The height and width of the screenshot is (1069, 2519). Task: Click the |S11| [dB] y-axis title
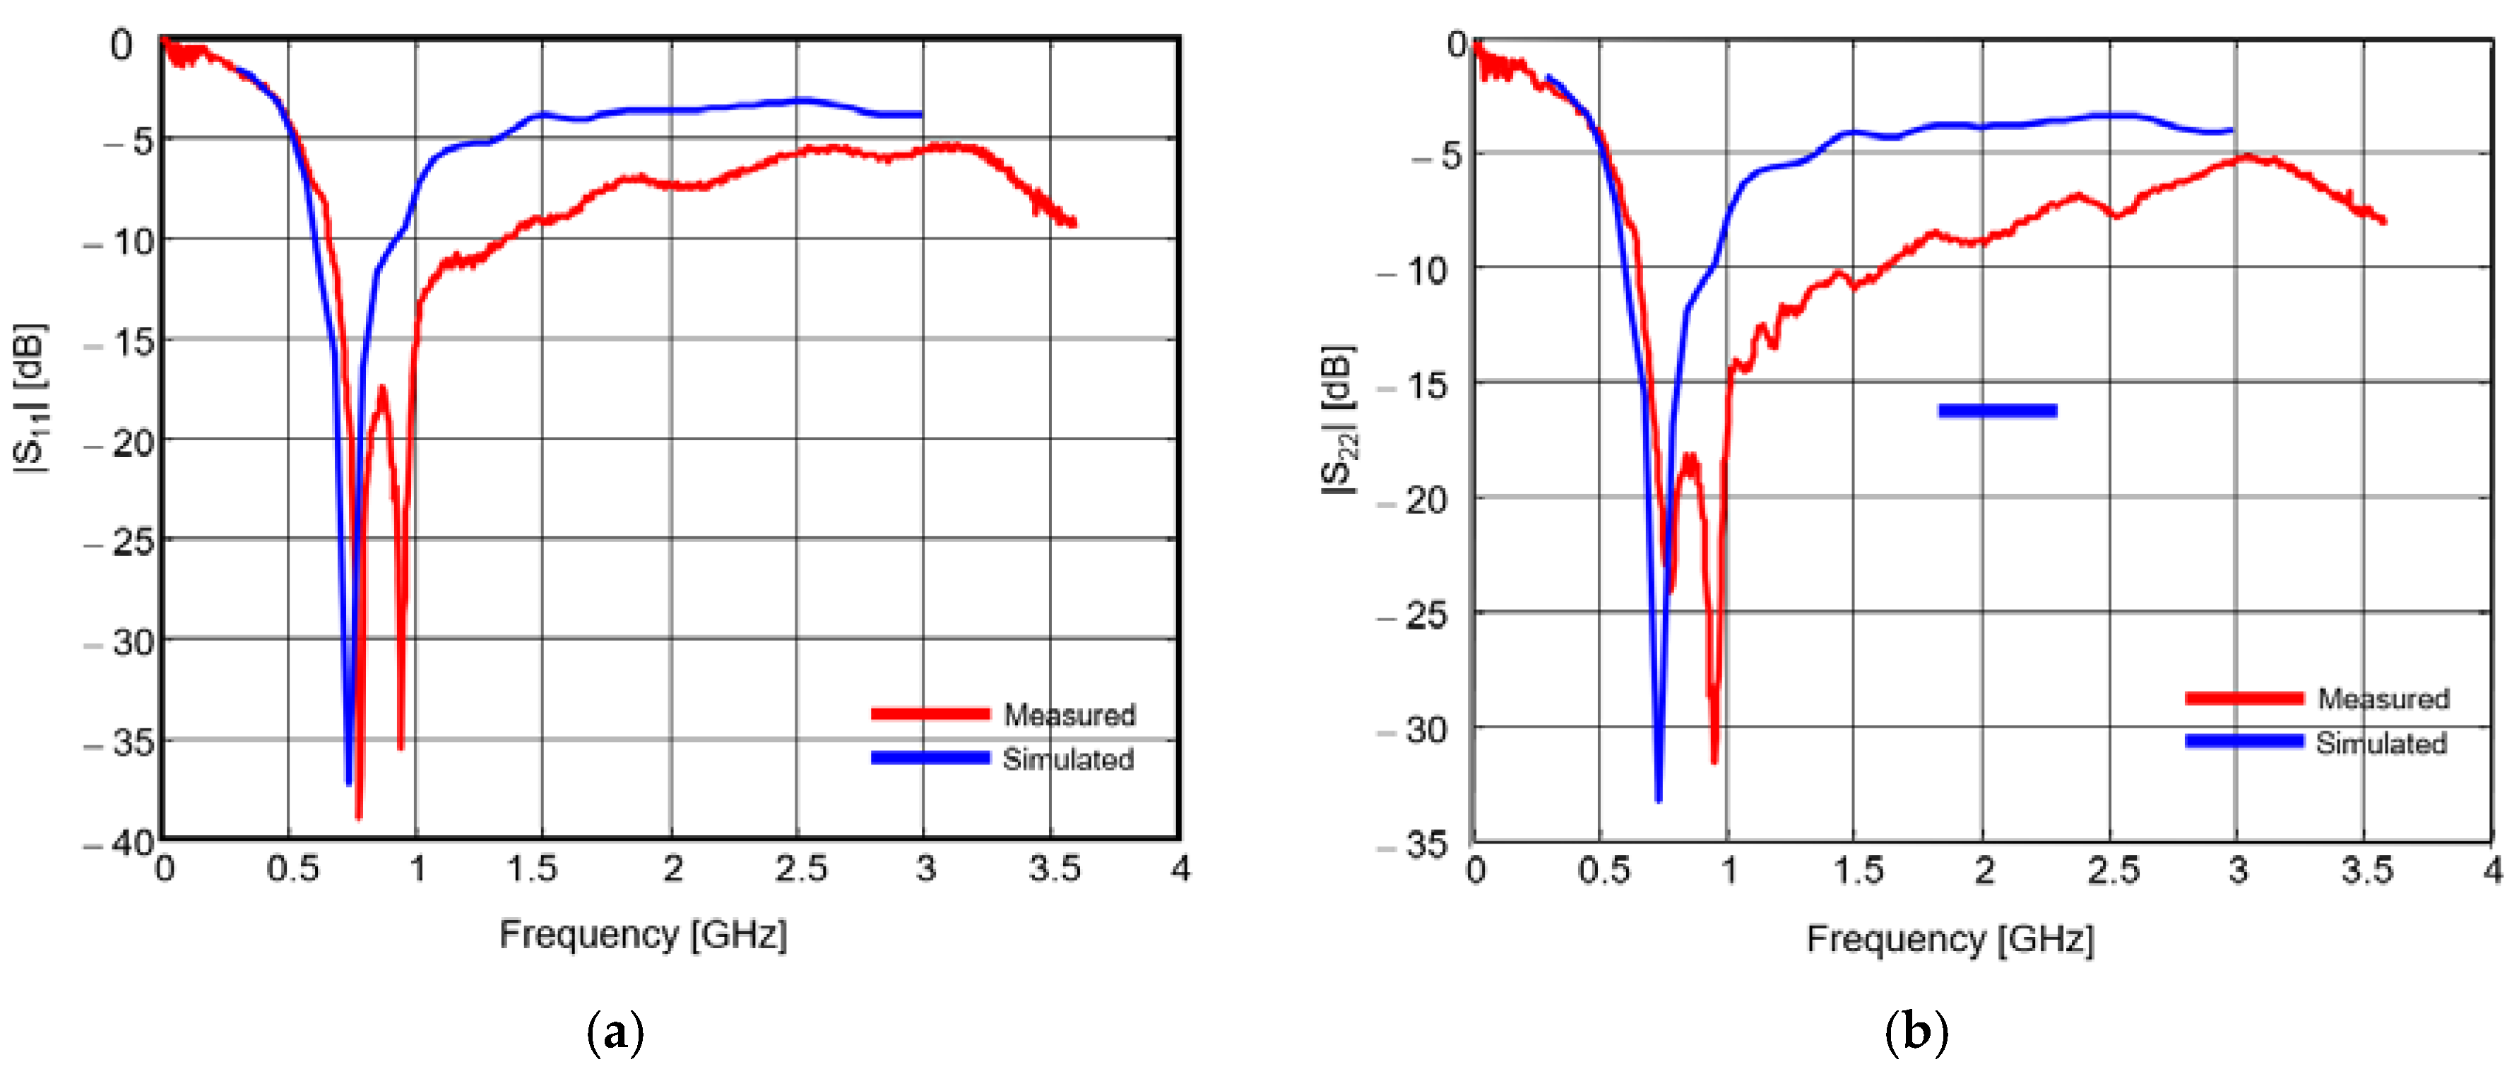(x=30, y=396)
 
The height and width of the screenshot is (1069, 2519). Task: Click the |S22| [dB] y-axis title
(x=1339, y=420)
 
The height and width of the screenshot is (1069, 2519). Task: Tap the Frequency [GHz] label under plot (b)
(x=1950, y=938)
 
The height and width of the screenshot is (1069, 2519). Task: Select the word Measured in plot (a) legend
(x=1069, y=714)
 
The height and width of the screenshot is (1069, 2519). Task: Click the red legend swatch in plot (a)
(x=929, y=714)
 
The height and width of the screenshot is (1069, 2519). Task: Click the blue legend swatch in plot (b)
(x=2244, y=741)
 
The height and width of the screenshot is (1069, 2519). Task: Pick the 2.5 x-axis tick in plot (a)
(x=800, y=868)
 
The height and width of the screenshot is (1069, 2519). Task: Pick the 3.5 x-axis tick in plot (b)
(x=2366, y=870)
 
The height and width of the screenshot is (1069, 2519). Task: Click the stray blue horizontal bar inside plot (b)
(x=1997, y=411)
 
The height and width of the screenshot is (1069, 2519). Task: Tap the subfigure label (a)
(x=615, y=1032)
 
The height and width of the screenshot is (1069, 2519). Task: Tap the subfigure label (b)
(x=1916, y=1032)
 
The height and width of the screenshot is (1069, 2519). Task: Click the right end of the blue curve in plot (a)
(x=920, y=115)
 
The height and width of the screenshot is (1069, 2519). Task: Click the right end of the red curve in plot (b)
(x=2384, y=222)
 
